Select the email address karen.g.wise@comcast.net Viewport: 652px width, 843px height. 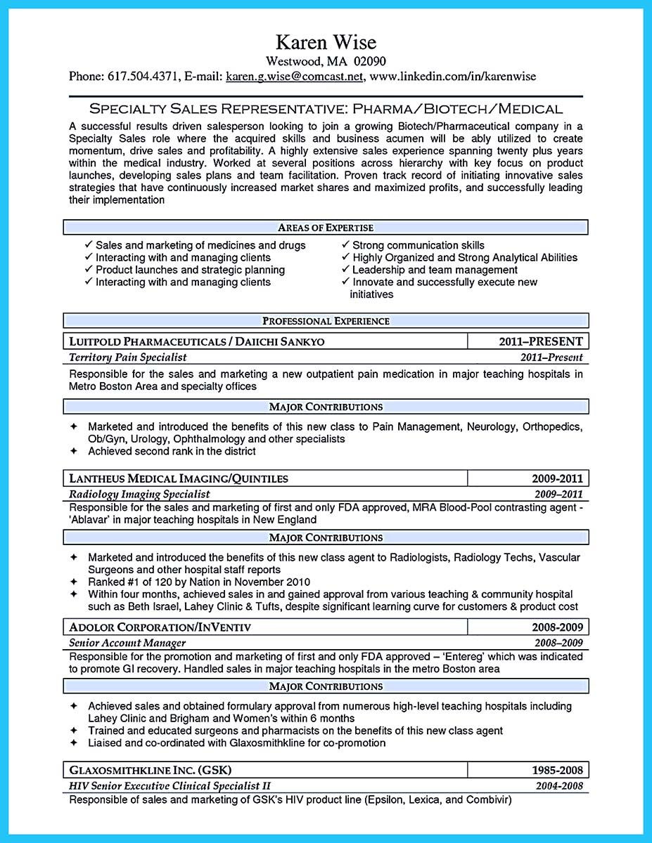tap(294, 76)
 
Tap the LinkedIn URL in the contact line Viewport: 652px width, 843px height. tap(457, 76)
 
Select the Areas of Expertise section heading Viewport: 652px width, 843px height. tap(326, 228)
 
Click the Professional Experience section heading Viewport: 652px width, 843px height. tap(326, 321)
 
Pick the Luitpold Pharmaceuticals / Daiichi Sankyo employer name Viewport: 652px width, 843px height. tap(197, 341)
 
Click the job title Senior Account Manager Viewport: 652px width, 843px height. tap(127, 643)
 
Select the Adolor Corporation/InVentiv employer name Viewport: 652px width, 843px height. tap(160, 627)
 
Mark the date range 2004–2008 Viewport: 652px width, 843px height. tap(559, 785)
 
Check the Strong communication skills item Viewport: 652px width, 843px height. tap(418, 245)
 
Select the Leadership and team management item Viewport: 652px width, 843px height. tap(435, 270)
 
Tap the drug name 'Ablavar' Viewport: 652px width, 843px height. tap(95, 520)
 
